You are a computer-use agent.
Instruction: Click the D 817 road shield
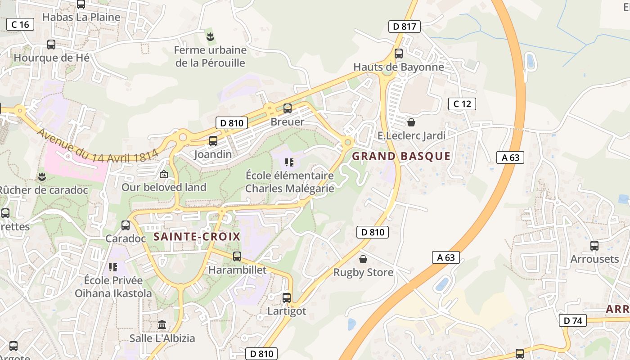404,27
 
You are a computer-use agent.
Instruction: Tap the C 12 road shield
462,104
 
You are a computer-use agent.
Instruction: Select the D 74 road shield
572,320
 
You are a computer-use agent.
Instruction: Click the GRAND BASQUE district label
401,156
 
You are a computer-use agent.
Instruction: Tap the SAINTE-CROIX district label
197,237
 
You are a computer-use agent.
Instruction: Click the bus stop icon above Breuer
288,108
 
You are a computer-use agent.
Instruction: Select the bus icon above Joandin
213,141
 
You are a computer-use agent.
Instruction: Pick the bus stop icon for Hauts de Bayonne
399,54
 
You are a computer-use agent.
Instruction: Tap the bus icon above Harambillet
237,256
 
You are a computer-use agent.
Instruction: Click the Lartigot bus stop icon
287,297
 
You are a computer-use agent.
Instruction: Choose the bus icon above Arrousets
594,246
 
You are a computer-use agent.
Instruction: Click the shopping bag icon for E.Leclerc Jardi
411,122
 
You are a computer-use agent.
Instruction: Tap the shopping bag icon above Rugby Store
363,259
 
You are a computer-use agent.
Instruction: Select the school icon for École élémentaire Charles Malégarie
289,162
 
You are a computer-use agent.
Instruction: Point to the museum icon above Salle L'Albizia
162,324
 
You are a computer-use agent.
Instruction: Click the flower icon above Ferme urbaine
210,36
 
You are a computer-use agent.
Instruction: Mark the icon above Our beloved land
164,174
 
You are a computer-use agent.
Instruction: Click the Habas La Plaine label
81,18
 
